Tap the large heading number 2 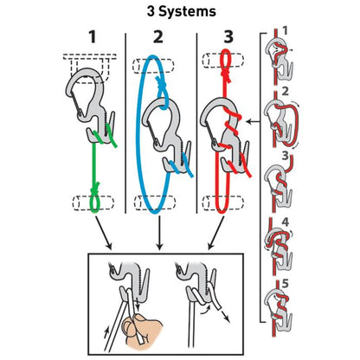coord(158,38)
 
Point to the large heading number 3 coord(228,38)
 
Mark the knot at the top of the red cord coord(228,59)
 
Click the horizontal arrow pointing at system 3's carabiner coord(250,124)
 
